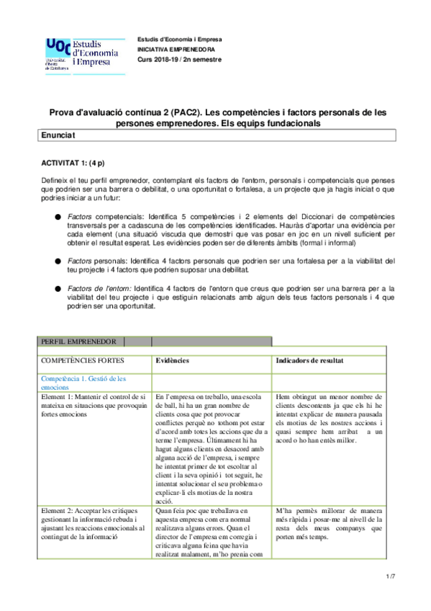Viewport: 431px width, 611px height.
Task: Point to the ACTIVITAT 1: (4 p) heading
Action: click(73, 164)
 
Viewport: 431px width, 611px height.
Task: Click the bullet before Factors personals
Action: click(58, 260)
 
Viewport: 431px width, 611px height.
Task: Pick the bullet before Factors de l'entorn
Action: click(58, 288)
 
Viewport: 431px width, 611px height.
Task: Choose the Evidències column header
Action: click(173, 360)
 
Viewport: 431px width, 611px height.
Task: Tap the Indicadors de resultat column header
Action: click(309, 360)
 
